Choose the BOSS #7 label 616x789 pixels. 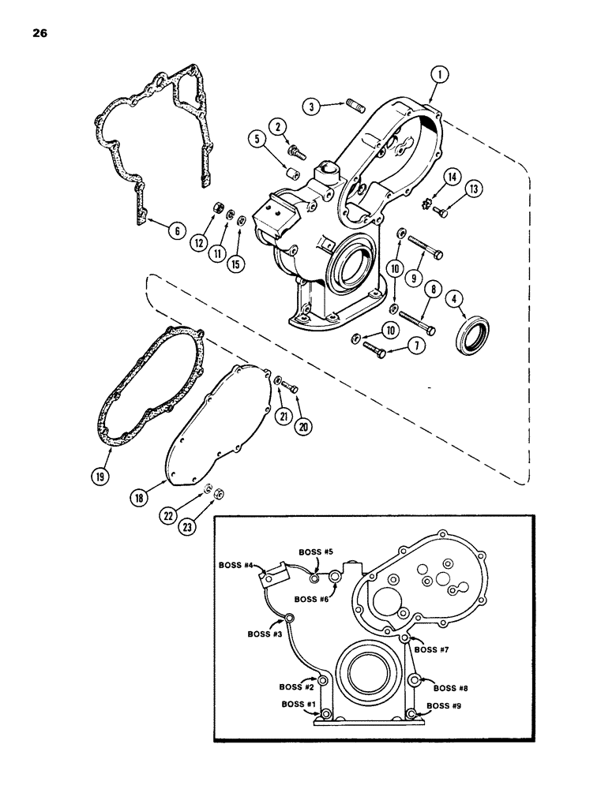point(432,649)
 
